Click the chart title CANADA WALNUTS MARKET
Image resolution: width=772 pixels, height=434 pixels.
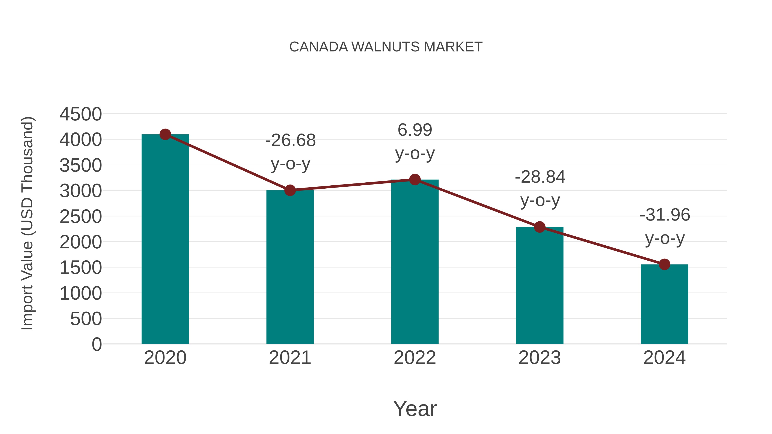(x=386, y=47)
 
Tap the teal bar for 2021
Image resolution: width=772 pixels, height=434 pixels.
(x=290, y=267)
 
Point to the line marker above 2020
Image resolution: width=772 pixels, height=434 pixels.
(x=165, y=134)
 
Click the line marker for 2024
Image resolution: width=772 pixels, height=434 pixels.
(x=664, y=264)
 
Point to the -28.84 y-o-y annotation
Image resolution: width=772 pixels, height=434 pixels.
(x=540, y=188)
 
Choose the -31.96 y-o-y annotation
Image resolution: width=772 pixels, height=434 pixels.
(x=665, y=227)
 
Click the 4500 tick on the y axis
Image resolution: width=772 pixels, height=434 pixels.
(x=81, y=114)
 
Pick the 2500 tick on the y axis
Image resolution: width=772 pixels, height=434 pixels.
(x=81, y=216)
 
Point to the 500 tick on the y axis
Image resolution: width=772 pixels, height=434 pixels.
(x=86, y=319)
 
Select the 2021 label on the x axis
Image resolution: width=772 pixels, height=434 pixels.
(x=290, y=358)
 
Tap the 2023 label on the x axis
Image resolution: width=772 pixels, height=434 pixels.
(x=540, y=358)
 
